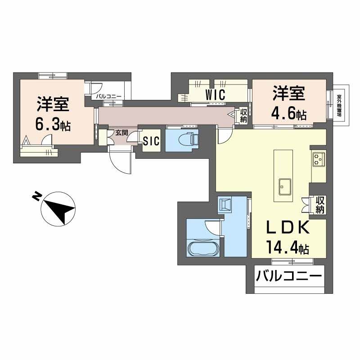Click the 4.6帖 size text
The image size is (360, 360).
288,113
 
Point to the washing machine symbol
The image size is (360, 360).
225,205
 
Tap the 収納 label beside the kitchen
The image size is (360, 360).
320,204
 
